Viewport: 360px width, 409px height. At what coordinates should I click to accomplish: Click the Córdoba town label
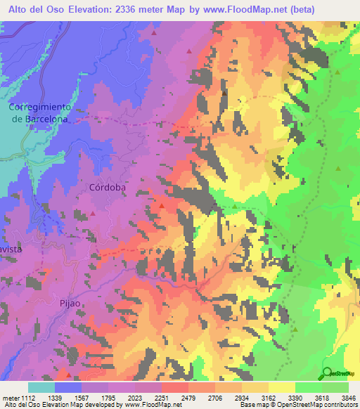coord(108,188)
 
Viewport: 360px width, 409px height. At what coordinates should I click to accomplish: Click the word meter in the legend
coord(10,398)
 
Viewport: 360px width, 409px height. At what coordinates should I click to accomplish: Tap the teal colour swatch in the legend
coord(41,387)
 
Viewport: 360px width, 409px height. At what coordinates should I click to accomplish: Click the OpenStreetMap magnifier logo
coord(328,373)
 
